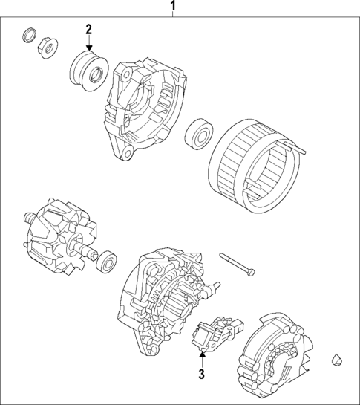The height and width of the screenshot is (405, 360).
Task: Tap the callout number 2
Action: coord(88,29)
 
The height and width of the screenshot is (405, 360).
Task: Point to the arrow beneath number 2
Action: coord(88,44)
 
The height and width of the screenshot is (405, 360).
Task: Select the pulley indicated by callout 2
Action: coord(87,68)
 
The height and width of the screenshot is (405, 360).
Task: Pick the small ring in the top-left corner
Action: coord(29,34)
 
